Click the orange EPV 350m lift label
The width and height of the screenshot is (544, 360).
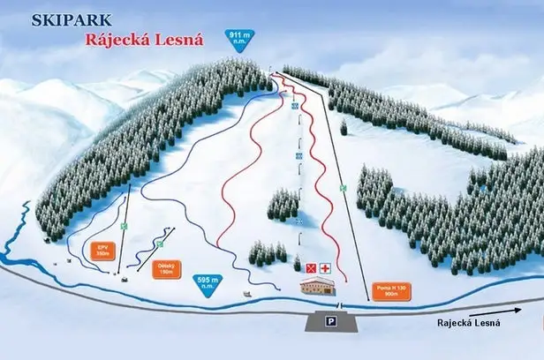102,249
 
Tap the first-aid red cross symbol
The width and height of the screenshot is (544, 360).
325,266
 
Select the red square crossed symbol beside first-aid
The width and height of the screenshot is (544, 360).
311,266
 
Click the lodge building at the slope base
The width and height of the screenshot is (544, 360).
319,287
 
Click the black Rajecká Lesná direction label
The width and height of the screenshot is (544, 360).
468,323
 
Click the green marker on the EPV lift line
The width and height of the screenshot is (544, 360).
125,226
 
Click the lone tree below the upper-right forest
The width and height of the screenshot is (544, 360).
344,127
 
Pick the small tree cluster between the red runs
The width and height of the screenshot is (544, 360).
282,205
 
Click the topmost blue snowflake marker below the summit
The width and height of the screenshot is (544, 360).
295,105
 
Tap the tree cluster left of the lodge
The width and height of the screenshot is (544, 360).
267,252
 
